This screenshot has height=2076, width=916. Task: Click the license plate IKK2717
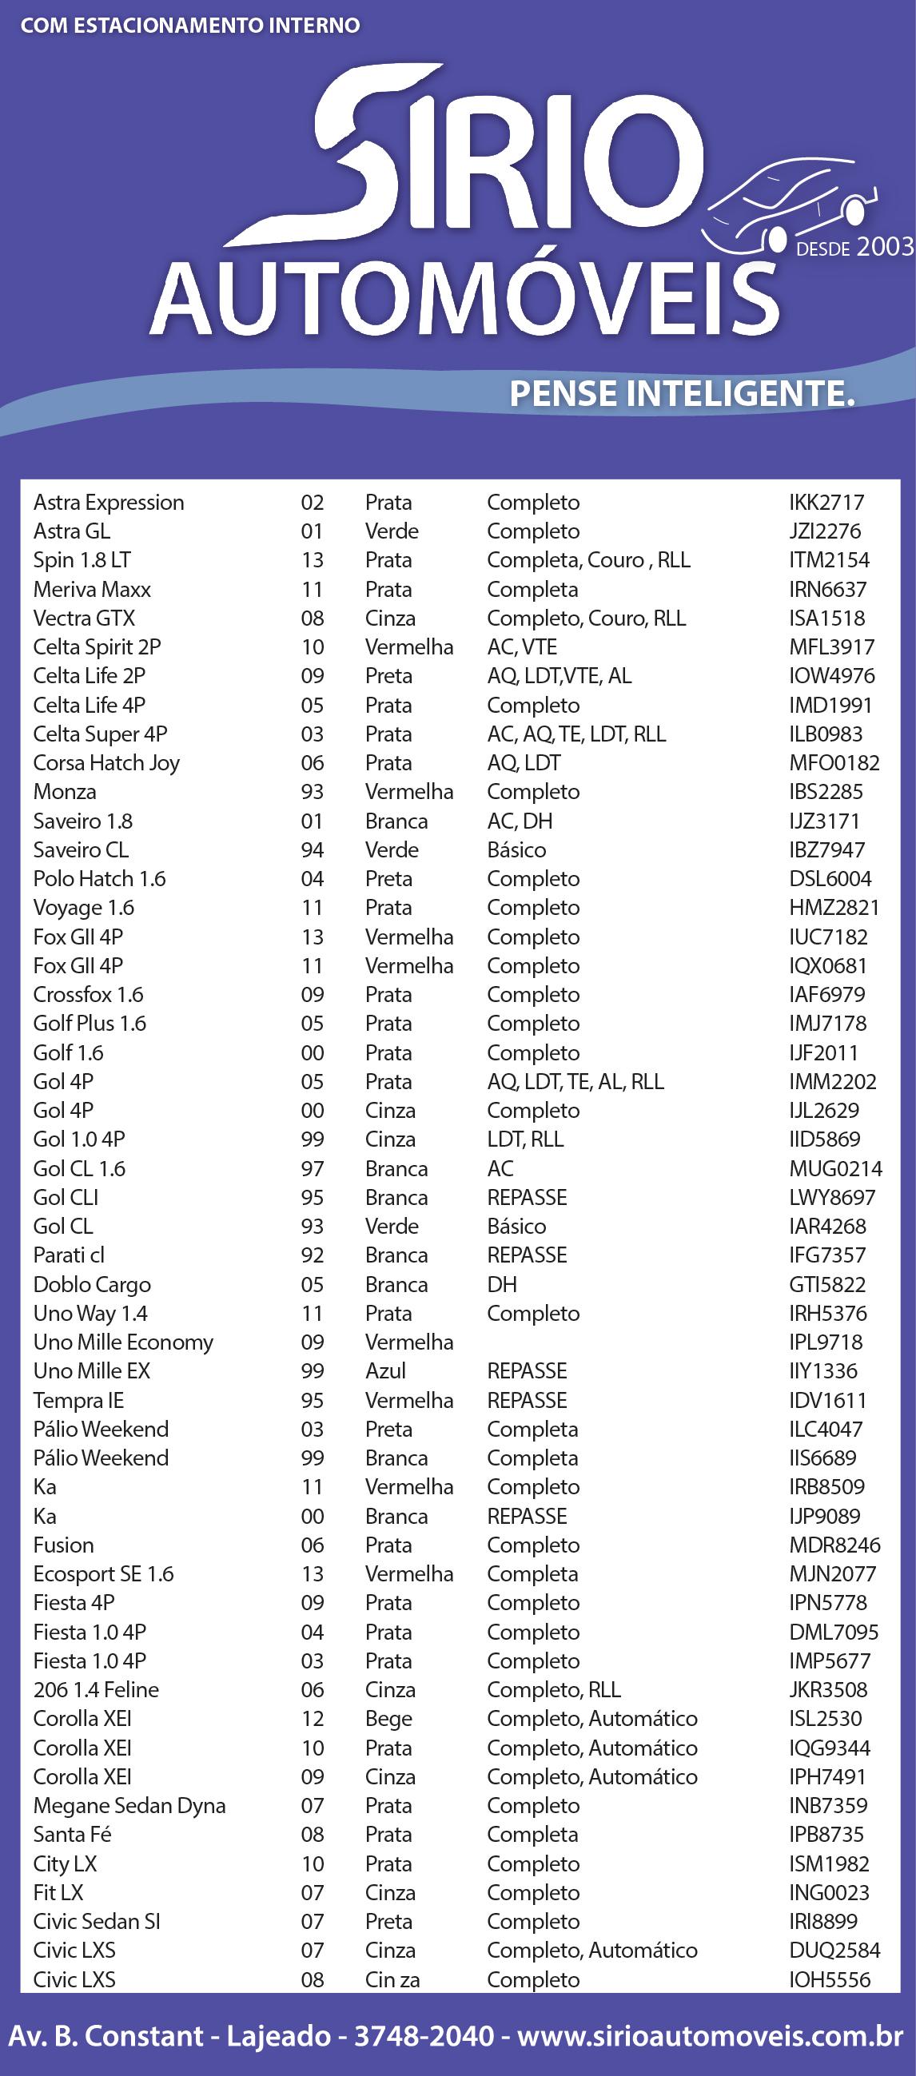click(x=826, y=502)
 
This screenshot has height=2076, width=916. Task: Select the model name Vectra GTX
click(x=84, y=618)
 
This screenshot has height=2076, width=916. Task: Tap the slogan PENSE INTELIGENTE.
click(x=681, y=394)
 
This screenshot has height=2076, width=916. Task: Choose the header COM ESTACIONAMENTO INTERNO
click(x=190, y=26)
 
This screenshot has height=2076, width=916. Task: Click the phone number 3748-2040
click(x=424, y=2036)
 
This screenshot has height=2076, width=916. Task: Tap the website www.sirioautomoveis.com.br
click(x=711, y=2036)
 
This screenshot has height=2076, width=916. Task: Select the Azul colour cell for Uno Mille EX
click(x=385, y=1371)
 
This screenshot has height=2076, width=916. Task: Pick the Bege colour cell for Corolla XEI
click(x=388, y=1718)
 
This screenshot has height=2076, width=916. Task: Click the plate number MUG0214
click(x=835, y=1168)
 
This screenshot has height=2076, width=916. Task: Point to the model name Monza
click(x=65, y=791)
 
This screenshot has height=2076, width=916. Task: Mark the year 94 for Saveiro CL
click(x=312, y=849)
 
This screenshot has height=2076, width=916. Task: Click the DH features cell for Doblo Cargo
click(x=501, y=1285)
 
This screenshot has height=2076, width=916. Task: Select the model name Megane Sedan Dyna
click(x=129, y=1805)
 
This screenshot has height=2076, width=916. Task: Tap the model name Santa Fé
click(x=72, y=1834)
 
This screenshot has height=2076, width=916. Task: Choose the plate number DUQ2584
click(x=834, y=1951)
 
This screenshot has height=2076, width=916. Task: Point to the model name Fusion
click(x=64, y=1545)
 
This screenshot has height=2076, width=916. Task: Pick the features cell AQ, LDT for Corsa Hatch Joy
click(x=524, y=762)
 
